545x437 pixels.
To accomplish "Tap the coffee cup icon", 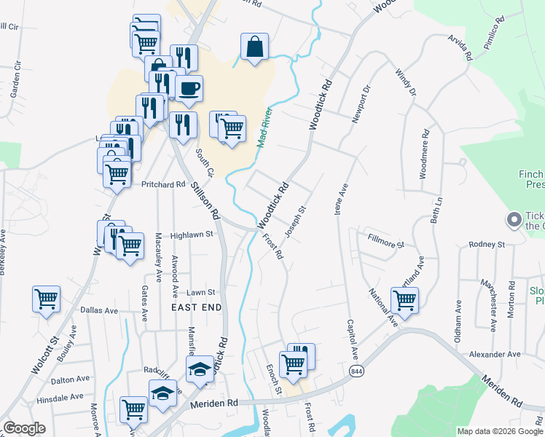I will pos(189,89).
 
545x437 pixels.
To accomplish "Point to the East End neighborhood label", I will pos(196,308).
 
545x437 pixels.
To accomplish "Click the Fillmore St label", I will pos(385,241).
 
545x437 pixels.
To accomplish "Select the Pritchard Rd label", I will pos(163,185).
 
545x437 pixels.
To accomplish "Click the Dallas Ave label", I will pos(99,310).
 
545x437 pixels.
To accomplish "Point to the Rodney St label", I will pos(487,245).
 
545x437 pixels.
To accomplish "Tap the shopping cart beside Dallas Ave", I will pos(46,299).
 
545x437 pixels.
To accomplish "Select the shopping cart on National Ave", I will pos(404,299).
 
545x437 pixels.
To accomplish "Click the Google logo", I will pos(25,428).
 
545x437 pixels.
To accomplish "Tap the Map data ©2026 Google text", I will pos(500,431).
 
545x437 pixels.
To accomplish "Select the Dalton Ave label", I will pos(70,379).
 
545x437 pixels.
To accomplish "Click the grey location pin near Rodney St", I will pos(514,219).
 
